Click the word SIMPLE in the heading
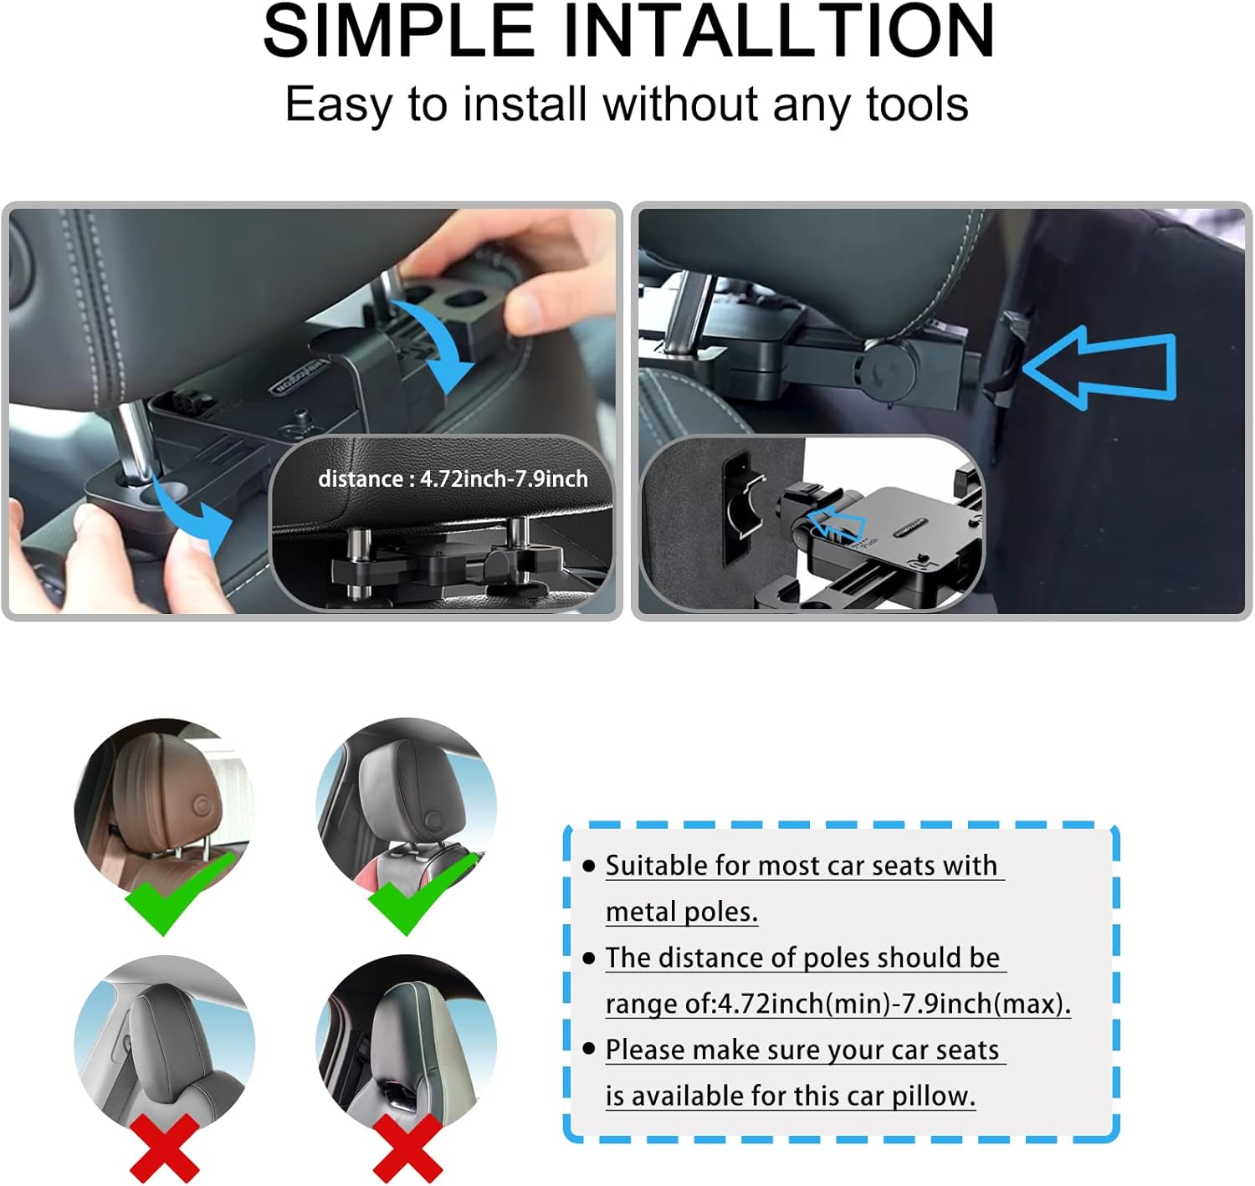399,32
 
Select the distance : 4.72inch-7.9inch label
453,479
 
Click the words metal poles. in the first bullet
681,912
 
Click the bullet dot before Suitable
589,866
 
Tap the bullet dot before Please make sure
589,1049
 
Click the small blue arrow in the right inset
838,525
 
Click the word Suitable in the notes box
657,866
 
